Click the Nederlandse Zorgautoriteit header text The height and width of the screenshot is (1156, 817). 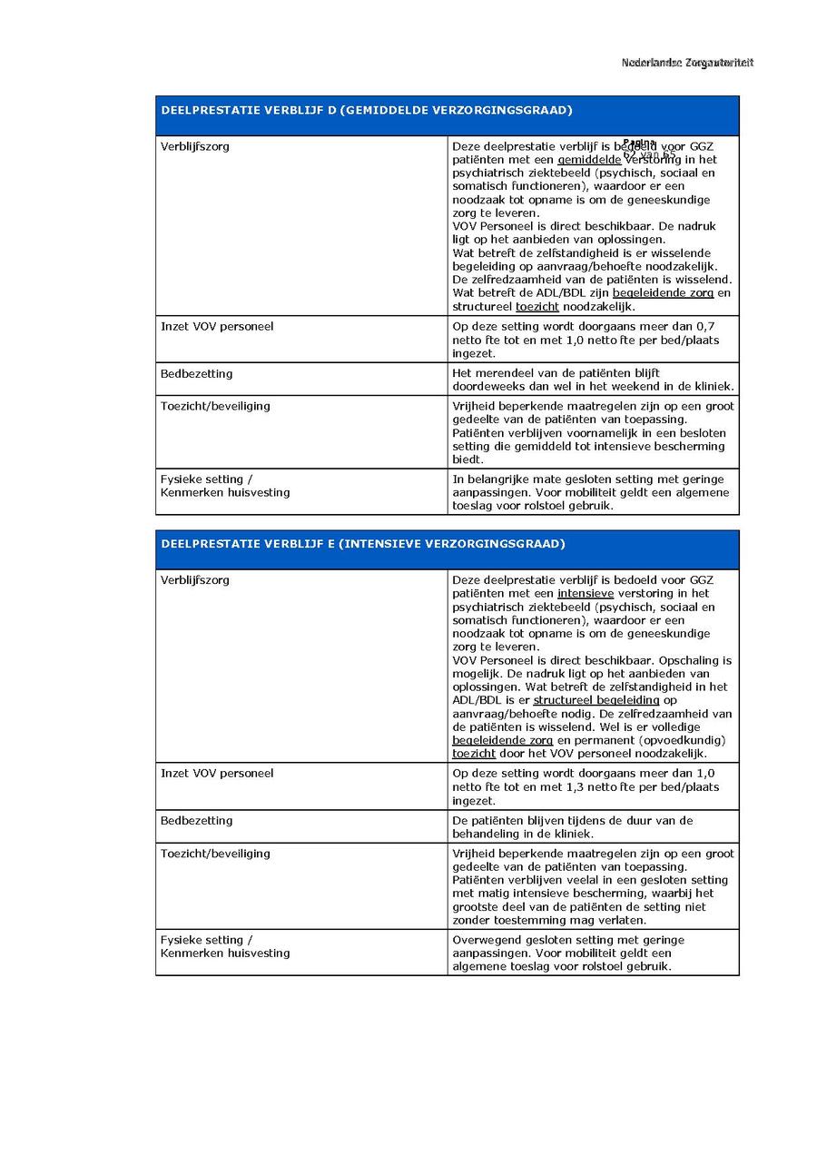point(687,63)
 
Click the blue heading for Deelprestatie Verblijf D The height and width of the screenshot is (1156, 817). point(367,111)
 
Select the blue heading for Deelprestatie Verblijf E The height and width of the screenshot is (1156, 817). point(363,544)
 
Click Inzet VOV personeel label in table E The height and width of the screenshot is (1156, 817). point(217,774)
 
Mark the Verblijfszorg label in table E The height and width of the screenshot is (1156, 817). point(195,580)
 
